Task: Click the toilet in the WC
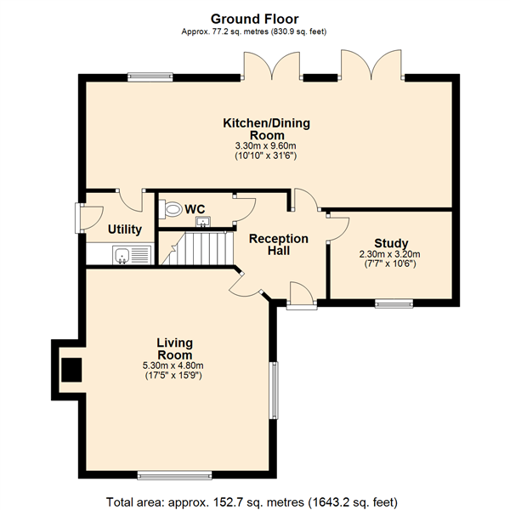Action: (170, 208)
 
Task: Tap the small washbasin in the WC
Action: (203, 222)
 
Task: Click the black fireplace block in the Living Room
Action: (71, 370)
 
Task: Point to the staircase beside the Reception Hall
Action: (197, 248)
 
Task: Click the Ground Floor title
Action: (255, 20)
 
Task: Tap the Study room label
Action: (391, 243)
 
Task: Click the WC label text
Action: (195, 209)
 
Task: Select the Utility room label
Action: (125, 229)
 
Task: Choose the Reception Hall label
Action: (279, 245)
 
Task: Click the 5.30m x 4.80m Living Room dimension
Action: (173, 365)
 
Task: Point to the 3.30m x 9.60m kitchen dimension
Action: (266, 145)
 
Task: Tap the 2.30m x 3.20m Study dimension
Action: (389, 254)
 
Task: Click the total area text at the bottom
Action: (252, 502)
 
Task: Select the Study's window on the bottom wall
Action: (394, 304)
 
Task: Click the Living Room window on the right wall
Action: (275, 390)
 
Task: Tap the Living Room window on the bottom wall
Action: (174, 475)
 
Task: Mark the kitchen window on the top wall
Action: (150, 76)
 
